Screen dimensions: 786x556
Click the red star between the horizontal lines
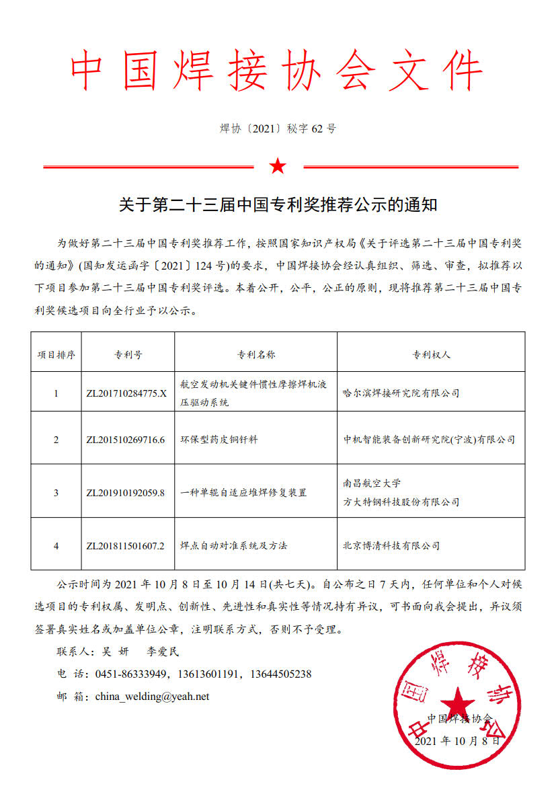point(278,166)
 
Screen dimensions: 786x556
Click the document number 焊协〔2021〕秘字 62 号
point(278,128)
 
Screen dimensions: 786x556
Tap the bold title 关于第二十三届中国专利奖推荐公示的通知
point(278,204)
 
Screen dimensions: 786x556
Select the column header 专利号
point(126,354)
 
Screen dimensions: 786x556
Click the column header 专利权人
point(431,354)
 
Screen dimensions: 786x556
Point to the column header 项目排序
point(56,354)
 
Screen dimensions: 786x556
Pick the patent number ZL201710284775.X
point(126,393)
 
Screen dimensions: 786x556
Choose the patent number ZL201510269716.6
point(126,440)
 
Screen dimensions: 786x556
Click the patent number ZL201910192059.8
point(126,493)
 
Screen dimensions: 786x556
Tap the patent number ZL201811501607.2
point(126,545)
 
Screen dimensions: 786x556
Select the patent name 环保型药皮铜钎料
point(219,440)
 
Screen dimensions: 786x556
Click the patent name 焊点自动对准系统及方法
point(234,545)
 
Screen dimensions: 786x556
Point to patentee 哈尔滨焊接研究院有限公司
point(401,393)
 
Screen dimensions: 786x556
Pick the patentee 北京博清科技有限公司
point(391,545)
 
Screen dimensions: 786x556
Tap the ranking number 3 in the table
point(56,493)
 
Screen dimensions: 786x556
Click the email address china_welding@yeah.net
point(152,697)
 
